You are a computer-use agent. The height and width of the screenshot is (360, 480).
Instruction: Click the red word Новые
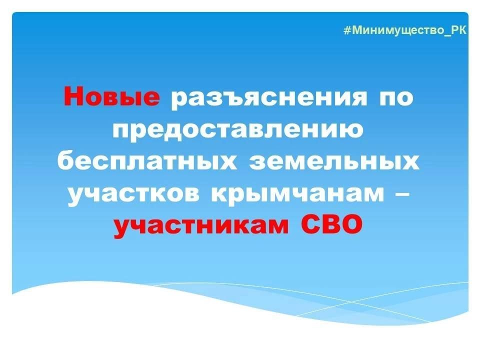(x=111, y=97)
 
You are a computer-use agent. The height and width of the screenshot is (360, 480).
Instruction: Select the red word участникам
(x=200, y=227)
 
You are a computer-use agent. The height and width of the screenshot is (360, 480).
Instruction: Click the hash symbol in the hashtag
(x=346, y=30)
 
